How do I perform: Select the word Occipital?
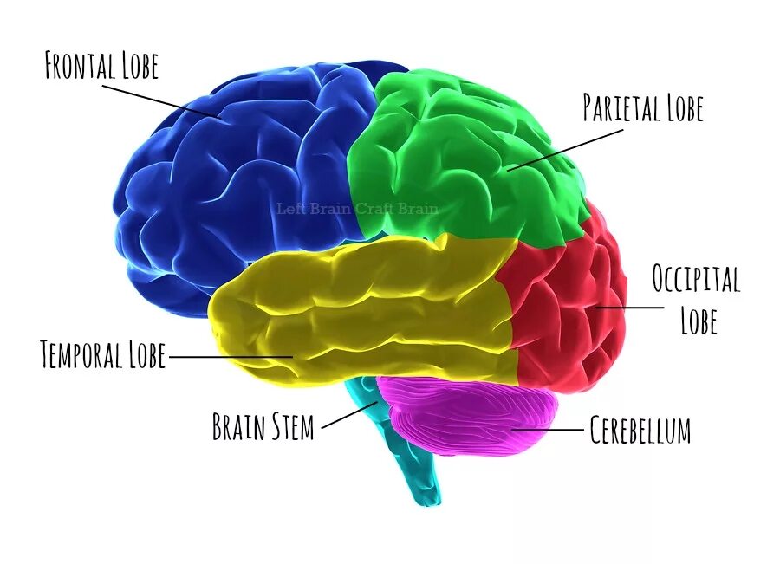pos(696,280)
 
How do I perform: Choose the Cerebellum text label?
pos(640,430)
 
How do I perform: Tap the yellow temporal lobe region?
pos(364,312)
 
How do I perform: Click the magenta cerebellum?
pos(468,416)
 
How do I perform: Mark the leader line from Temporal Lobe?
pos(230,356)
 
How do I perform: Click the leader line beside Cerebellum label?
pos(550,429)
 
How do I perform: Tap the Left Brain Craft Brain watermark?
pos(357,208)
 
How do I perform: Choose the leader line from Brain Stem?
pos(347,414)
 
